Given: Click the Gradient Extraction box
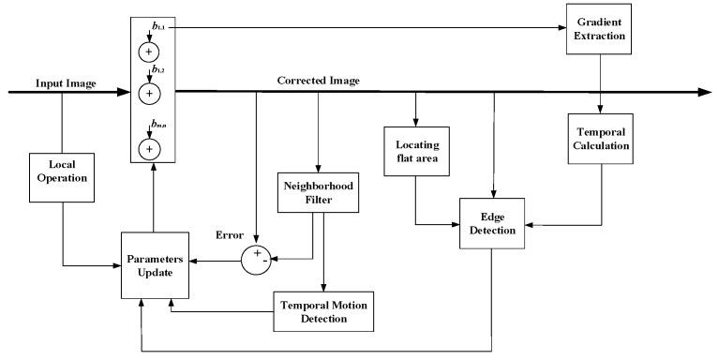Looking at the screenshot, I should [600, 28].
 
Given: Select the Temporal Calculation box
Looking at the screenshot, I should [600, 139].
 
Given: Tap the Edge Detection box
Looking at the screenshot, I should [491, 223].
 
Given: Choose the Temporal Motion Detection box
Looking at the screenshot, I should [322, 311].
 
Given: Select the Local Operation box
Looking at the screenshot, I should [62, 177].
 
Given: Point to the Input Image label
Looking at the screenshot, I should [67, 82].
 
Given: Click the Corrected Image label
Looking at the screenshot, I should [318, 81].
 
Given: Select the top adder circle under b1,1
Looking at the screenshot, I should [151, 51].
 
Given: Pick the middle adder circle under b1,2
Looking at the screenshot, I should [151, 92].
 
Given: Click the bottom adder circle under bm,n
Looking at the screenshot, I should [151, 148].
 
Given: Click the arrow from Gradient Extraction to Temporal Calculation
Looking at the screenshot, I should [600, 82].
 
